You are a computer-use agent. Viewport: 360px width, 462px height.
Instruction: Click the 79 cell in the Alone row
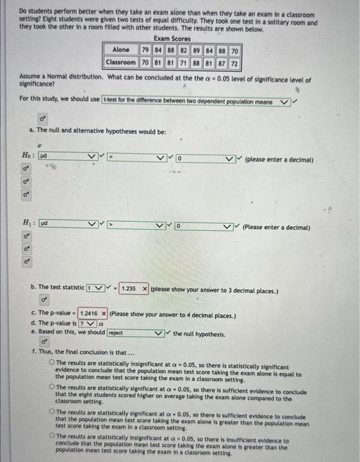click(x=146, y=50)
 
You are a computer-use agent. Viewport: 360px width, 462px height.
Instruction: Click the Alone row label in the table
click(x=121, y=50)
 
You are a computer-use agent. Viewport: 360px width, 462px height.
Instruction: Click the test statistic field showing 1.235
click(x=130, y=288)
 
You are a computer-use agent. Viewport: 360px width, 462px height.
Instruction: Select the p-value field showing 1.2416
click(x=88, y=315)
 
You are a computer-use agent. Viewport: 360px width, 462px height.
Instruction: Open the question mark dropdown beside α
click(x=86, y=325)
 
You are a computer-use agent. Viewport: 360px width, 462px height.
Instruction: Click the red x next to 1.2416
click(x=103, y=315)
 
